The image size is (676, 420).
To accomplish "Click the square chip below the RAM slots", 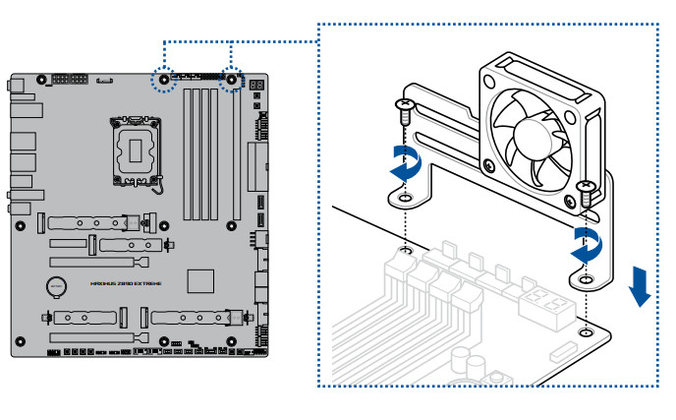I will [x=200, y=278].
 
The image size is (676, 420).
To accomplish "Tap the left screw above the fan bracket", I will [x=403, y=111].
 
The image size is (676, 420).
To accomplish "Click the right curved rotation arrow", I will [x=588, y=245].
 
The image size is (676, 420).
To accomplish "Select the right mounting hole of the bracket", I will [x=586, y=280].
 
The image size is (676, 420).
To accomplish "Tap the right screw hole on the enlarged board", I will [x=586, y=331].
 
